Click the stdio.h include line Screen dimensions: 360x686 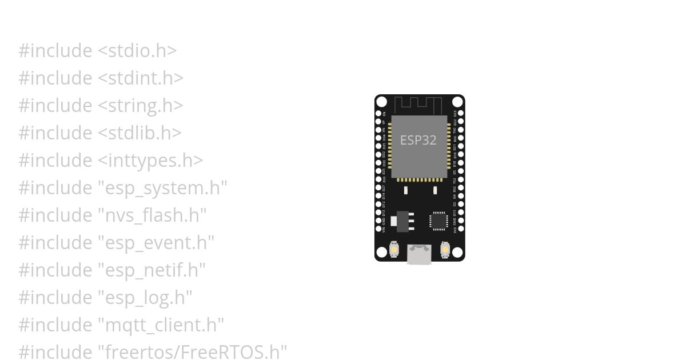pyautogui.click(x=97, y=51)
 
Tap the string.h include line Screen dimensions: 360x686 pyautogui.click(x=101, y=106)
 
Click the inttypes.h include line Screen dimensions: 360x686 pyautogui.click(x=110, y=161)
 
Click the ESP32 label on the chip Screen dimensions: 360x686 pyautogui.click(x=418, y=140)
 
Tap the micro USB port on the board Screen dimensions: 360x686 pyautogui.click(x=419, y=254)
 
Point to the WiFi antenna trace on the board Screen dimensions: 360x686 pyautogui.click(x=418, y=105)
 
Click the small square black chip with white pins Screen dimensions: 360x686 pyautogui.click(x=438, y=221)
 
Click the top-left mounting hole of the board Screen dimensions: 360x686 pyautogui.click(x=381, y=102)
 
